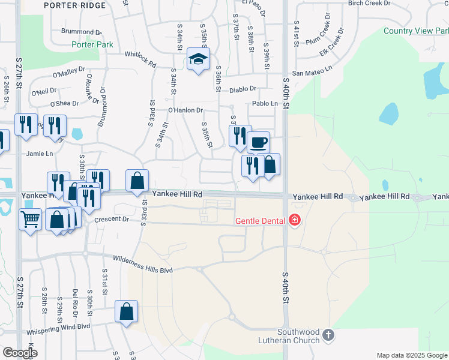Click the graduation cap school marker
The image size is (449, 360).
coord(197,59)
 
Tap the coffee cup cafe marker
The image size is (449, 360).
coord(258,143)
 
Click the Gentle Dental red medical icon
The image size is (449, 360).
coord(294,221)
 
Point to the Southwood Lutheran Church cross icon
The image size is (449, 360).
coord(328,335)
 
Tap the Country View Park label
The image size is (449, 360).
coord(415,31)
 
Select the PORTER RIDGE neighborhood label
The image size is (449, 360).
coord(75,5)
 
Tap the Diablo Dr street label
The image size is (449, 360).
coord(243,90)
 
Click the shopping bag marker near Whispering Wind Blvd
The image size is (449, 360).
coord(126,311)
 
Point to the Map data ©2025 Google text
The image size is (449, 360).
coord(411,355)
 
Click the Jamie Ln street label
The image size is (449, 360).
coord(40,154)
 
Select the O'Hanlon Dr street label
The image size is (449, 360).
coord(185,110)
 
